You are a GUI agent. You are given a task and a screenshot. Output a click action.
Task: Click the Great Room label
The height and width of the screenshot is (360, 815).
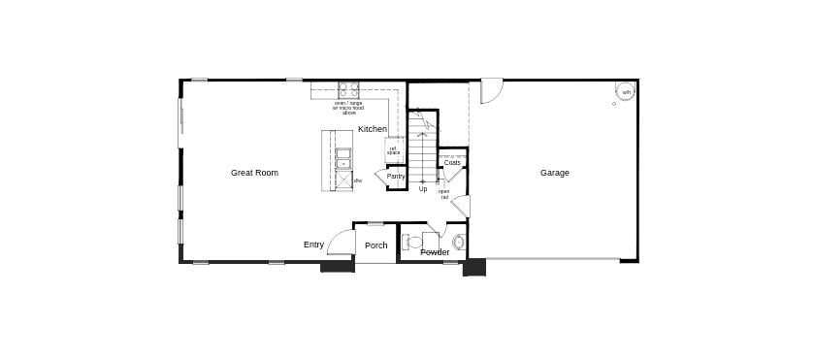254,173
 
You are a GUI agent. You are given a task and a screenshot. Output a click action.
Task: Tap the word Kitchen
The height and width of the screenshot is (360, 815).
373,129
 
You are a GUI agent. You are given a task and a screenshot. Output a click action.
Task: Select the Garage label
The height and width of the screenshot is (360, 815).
555,173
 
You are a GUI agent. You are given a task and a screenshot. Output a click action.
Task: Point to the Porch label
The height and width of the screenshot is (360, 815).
375,245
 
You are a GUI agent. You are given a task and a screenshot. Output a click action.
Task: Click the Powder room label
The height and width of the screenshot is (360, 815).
435,252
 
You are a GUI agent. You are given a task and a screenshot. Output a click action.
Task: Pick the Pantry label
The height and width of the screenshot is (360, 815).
396,176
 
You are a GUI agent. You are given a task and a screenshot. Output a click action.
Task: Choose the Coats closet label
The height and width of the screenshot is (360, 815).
452,162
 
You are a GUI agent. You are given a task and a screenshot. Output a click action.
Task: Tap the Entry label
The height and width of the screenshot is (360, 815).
313,245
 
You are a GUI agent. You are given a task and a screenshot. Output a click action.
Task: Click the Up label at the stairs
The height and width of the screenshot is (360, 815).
423,189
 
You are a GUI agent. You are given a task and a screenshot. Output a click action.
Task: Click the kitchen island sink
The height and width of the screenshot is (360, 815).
343,158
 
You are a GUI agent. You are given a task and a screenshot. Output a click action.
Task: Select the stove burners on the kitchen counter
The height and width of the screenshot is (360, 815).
348,88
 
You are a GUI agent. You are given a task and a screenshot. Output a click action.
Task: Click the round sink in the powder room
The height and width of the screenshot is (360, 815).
459,242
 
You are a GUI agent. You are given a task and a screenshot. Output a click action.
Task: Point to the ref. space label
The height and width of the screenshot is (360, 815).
393,150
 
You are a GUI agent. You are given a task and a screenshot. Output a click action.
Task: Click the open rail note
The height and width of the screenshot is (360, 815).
443,193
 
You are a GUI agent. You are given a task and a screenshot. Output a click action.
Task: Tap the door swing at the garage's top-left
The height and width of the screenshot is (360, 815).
492,90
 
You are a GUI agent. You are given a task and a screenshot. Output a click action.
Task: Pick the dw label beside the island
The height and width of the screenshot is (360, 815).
357,180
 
